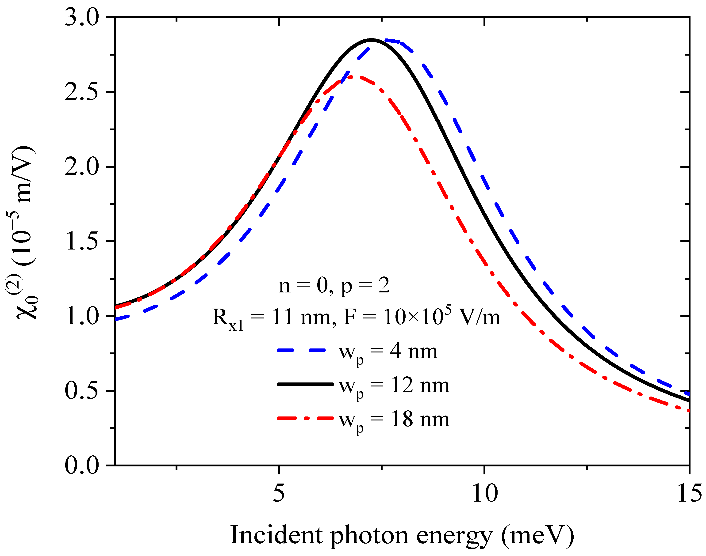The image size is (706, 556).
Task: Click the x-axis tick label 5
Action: [x=279, y=493]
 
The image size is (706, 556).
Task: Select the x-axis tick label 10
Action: [x=484, y=493]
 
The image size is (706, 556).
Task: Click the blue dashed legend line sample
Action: [x=301, y=350]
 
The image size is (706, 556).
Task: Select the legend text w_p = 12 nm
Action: [x=394, y=386]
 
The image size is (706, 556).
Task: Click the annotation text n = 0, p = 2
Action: [x=334, y=286]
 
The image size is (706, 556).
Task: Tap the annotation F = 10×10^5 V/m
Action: [x=422, y=316]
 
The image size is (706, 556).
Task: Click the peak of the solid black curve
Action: [x=371, y=40]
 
